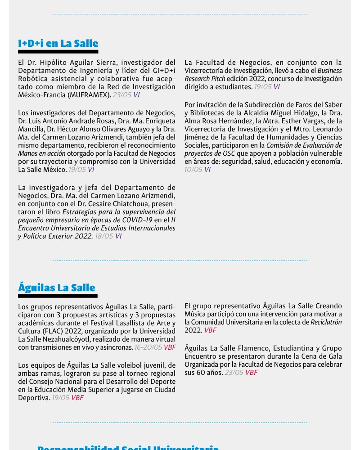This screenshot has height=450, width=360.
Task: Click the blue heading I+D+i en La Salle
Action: click(x=58, y=44)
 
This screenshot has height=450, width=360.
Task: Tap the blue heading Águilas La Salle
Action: click(x=57, y=288)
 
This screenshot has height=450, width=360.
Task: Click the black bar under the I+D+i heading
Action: click(x=58, y=52)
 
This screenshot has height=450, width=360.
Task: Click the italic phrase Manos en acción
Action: click(x=41, y=153)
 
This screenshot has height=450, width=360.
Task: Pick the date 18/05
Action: click(x=103, y=236)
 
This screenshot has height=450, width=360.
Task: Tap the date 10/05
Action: click(x=193, y=170)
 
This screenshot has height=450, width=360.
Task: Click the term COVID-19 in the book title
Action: click(x=137, y=220)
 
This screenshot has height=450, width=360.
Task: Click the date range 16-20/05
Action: click(x=148, y=347)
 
